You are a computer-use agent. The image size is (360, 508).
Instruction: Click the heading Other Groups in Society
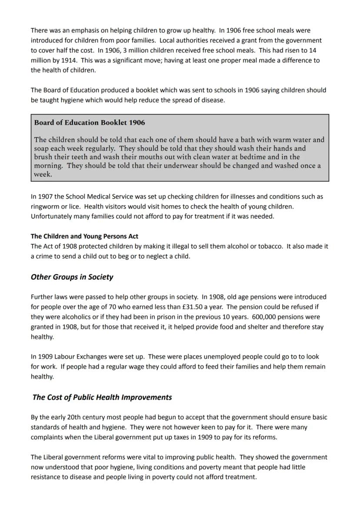click(72, 277)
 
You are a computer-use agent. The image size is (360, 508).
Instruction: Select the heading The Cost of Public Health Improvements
click(102, 398)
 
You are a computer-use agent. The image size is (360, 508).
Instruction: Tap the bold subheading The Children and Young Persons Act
click(84, 236)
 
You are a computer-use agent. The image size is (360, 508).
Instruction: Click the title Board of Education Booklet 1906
click(90, 123)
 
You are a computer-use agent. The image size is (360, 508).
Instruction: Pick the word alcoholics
click(78, 317)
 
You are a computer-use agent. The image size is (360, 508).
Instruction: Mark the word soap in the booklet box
click(42, 148)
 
